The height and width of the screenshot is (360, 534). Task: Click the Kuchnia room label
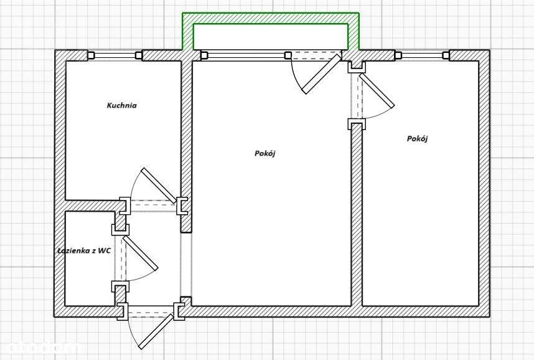point(121,105)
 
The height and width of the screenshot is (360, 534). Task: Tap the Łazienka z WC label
point(84,251)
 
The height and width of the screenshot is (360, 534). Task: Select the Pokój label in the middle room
point(265,154)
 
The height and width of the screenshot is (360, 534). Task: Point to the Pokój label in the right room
point(417,139)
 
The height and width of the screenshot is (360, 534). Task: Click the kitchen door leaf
point(159,186)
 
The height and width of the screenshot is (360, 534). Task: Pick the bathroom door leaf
point(140,253)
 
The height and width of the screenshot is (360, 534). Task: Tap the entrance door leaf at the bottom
point(156,332)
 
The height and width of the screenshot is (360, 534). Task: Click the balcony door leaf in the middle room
point(322,74)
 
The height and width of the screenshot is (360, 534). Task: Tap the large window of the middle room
point(245,55)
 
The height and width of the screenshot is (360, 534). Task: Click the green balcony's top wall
point(270,18)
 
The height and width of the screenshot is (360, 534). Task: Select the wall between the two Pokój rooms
point(357,215)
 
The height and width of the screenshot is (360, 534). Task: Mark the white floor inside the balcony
point(270,37)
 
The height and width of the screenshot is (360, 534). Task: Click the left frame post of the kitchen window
point(91,55)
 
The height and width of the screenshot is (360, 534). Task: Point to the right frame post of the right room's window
point(446,55)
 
